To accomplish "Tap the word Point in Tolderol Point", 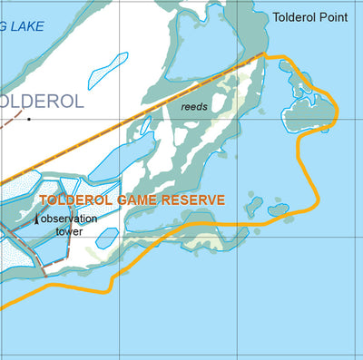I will tap(338, 17).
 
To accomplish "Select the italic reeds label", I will tap(194, 107).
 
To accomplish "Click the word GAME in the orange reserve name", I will tap(143, 199).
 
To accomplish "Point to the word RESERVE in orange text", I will tap(195, 199).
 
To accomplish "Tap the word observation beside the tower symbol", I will tap(73, 219).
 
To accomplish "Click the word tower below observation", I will tap(70, 231).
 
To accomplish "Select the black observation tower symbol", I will tap(36, 219).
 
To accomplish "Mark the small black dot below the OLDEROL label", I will tap(28, 118).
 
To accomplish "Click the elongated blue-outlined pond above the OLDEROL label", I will tap(107, 70).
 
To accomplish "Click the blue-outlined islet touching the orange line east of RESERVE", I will tap(279, 210).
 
